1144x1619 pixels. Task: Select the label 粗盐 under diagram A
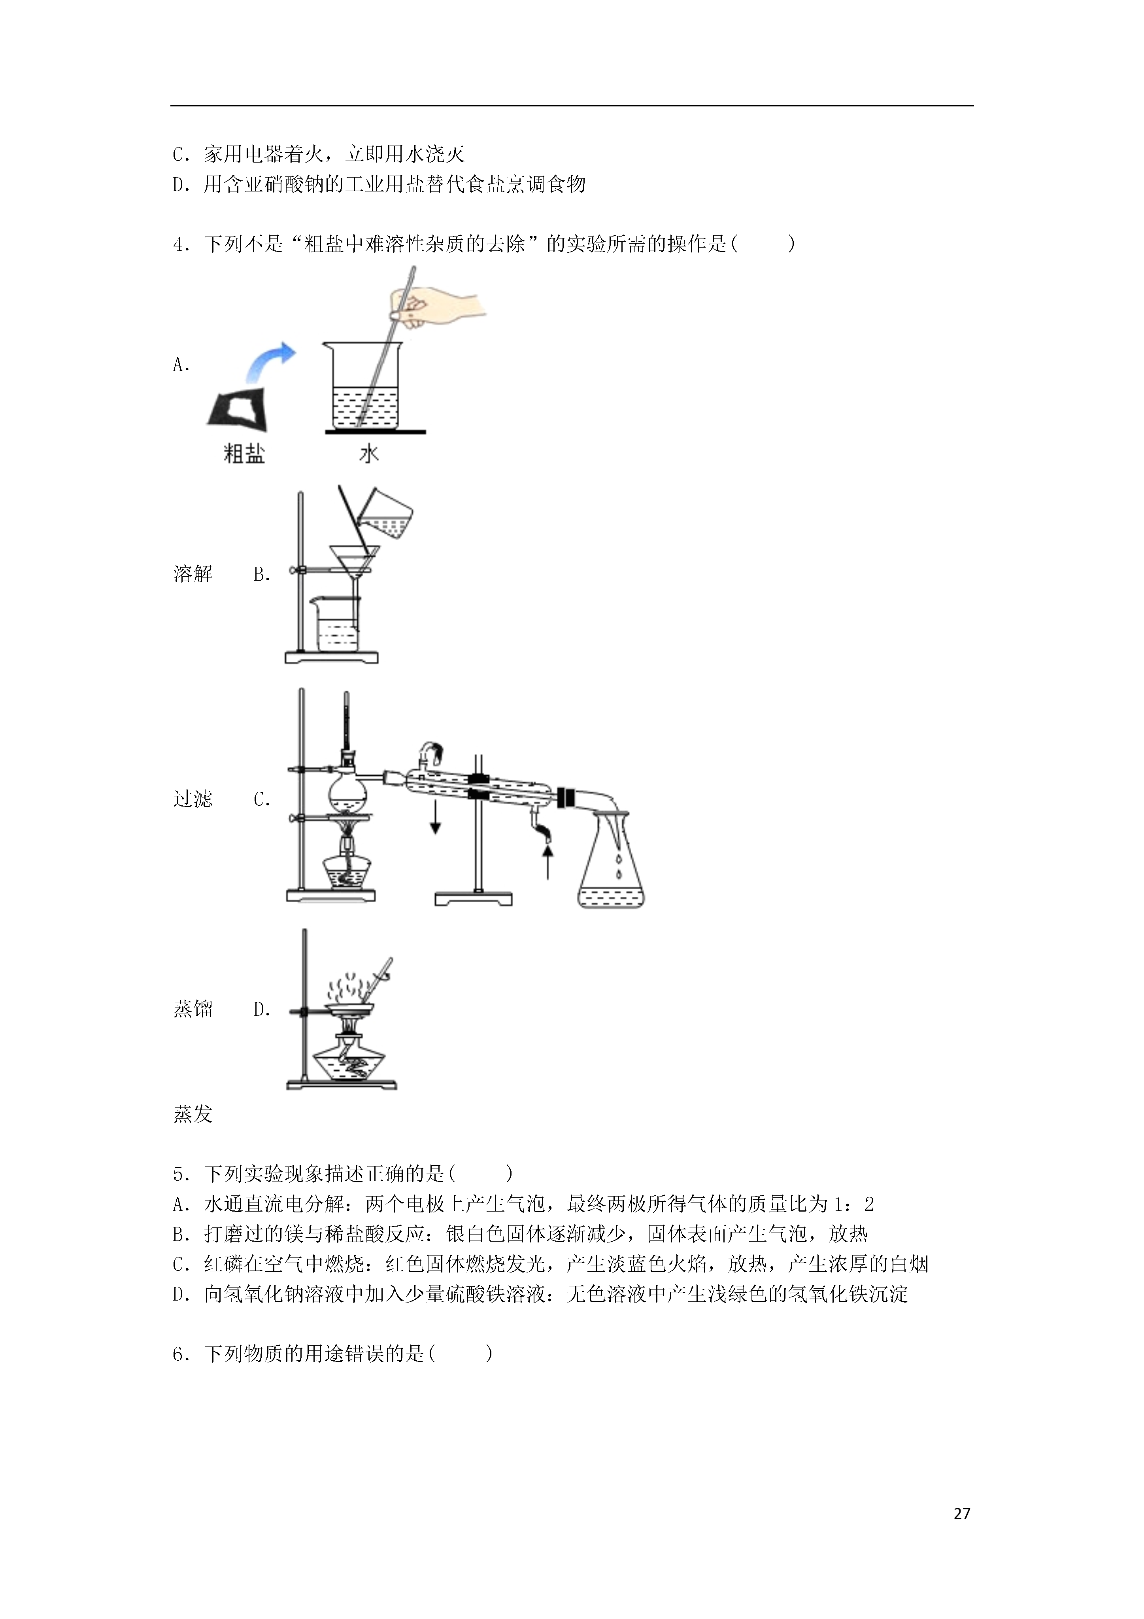(x=244, y=453)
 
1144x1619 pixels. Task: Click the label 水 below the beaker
(x=369, y=453)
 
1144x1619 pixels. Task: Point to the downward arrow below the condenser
(x=436, y=816)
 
